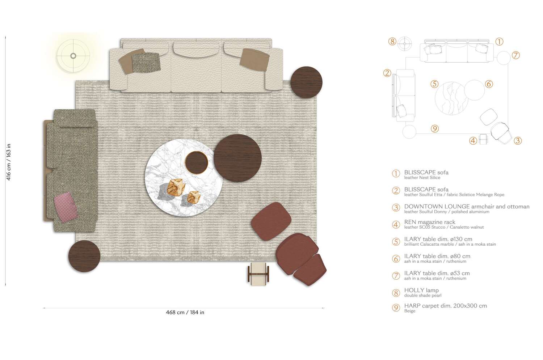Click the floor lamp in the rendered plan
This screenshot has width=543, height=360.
pyautogui.click(x=73, y=56)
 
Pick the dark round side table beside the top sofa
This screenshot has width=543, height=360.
pyautogui.click(x=306, y=82)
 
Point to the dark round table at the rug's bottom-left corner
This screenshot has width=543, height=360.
pyautogui.click(x=84, y=256)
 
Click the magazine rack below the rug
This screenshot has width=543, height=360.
pyautogui.click(x=258, y=274)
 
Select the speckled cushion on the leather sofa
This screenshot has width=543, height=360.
pyautogui.click(x=146, y=62)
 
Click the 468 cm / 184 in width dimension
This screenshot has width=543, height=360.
pyautogui.click(x=185, y=313)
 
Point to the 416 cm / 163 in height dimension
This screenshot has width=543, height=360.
pyautogui.click(x=9, y=162)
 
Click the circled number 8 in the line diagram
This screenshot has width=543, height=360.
pyautogui.click(x=392, y=41)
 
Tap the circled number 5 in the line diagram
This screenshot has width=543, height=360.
pyautogui.click(x=434, y=84)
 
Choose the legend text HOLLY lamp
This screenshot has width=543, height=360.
pyautogui.click(x=421, y=290)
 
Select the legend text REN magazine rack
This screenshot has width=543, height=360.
pyautogui.click(x=430, y=222)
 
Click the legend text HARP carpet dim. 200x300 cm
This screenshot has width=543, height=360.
pyautogui.click(x=445, y=306)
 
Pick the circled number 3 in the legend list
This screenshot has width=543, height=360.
pyautogui.click(x=396, y=208)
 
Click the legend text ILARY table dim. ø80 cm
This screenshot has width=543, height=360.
pyautogui.click(x=437, y=256)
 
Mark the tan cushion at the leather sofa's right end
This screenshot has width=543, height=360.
pyautogui.click(x=255, y=59)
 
